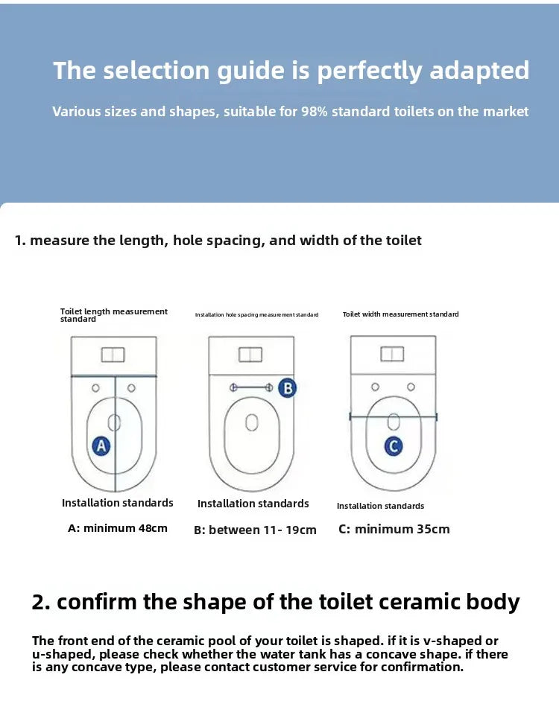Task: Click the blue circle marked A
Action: click(101, 445)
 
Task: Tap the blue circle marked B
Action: click(287, 387)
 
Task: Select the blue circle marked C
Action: click(394, 446)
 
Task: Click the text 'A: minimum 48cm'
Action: click(118, 528)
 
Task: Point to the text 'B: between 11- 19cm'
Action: click(255, 530)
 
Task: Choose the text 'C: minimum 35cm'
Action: click(394, 529)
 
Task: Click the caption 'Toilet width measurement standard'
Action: click(400, 314)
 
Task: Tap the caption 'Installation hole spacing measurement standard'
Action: click(256, 315)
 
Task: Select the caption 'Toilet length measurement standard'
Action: click(113, 315)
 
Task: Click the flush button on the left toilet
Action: click(113, 355)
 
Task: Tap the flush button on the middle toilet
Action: click(250, 355)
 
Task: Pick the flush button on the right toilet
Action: click(392, 354)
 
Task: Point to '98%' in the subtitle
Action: click(315, 112)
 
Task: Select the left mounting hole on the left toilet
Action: click(95, 387)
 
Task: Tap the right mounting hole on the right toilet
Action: click(411, 387)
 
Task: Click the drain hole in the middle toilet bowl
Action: click(252, 422)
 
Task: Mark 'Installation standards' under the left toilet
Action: click(118, 503)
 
